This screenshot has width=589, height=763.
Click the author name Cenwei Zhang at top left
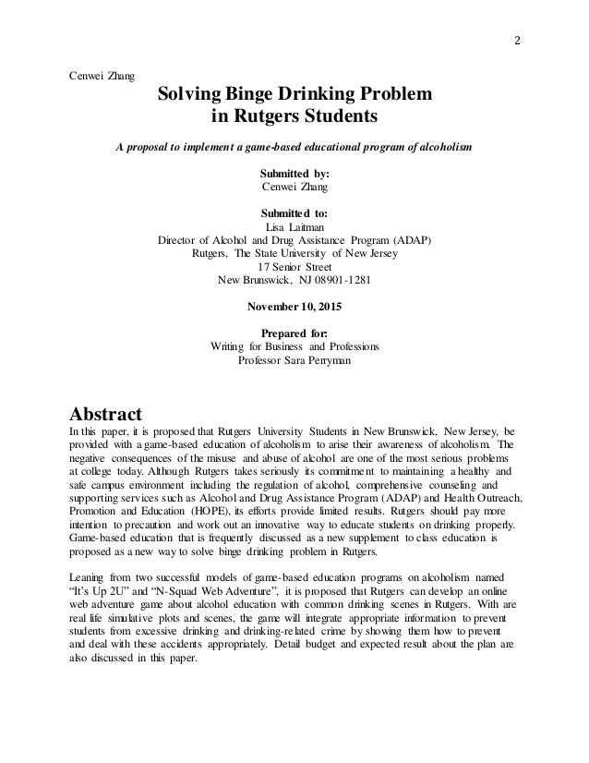[101, 74]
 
